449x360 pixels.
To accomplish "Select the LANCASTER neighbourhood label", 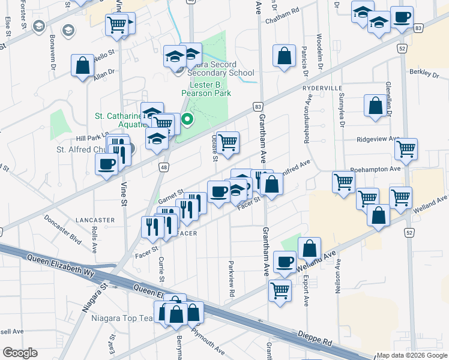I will (x=95, y=220).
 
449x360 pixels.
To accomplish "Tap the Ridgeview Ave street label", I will (x=378, y=139).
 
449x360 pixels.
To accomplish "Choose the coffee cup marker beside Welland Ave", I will (x=285, y=262).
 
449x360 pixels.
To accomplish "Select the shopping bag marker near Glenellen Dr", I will (x=375, y=106).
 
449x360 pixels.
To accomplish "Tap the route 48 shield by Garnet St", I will (x=164, y=169).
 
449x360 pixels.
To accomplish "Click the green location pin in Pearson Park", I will (x=187, y=121).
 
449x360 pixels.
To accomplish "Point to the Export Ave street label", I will (x=306, y=291).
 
